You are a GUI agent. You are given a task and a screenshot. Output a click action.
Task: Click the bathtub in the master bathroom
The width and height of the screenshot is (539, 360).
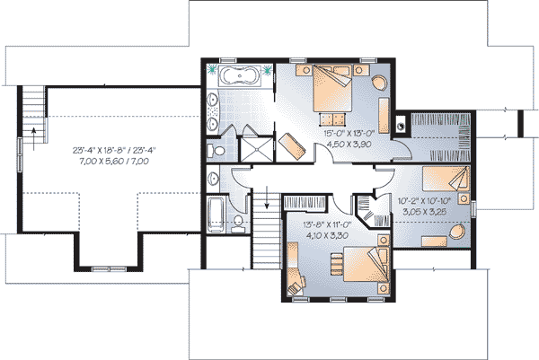[240, 75]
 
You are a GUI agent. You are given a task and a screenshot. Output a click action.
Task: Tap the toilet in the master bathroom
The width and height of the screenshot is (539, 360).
[216, 151]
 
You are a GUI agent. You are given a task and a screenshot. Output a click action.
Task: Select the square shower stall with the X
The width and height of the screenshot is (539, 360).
[256, 148]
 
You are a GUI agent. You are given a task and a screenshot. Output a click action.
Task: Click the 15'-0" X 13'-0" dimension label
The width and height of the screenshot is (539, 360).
[349, 133]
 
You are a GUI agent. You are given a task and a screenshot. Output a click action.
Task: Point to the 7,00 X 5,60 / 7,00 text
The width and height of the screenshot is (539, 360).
[114, 161]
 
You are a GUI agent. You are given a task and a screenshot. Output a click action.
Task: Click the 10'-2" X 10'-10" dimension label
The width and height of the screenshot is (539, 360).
[425, 200]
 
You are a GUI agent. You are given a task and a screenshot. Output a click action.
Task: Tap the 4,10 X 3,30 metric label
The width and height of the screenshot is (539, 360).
[326, 235]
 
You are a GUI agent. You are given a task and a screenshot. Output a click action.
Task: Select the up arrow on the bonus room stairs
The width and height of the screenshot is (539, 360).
[34, 138]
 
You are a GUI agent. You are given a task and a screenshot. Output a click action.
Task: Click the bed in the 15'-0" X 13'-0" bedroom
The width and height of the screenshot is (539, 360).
[332, 88]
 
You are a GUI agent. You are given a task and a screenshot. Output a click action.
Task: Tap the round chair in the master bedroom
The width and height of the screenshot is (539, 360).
[379, 83]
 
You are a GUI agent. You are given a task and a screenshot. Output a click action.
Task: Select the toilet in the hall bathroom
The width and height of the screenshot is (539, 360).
[237, 224]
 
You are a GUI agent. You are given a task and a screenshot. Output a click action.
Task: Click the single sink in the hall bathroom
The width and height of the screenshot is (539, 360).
[214, 179]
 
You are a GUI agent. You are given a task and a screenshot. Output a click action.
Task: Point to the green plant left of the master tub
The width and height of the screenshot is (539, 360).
[212, 70]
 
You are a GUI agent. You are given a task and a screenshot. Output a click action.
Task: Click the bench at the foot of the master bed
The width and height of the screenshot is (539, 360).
[332, 119]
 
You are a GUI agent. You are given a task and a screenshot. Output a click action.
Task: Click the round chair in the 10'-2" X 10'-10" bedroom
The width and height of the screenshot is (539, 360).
[457, 233]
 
